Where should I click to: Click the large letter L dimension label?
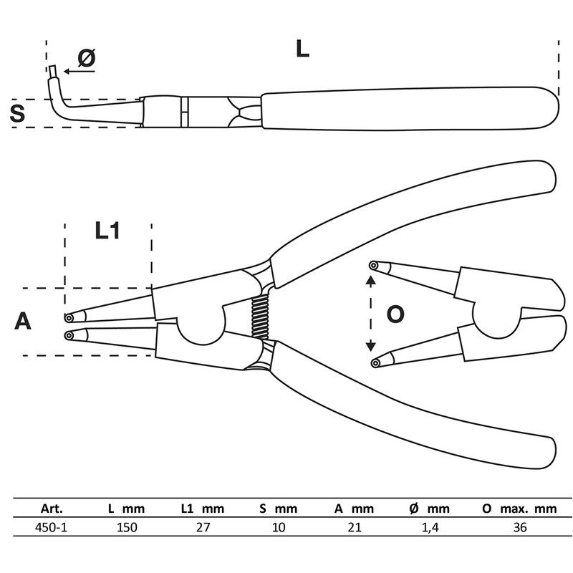[x=302, y=49]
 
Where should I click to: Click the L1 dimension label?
[x=107, y=231]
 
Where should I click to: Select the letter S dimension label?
[x=17, y=113]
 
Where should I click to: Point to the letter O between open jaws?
[x=395, y=314]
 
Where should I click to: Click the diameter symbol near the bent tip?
[x=86, y=59]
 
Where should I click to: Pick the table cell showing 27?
[x=203, y=527]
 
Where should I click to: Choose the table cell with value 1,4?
[x=430, y=527]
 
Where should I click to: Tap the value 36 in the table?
[x=520, y=527]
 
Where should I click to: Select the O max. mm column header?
[x=520, y=509]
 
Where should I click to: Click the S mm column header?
[x=279, y=509]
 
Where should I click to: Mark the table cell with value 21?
[x=355, y=527]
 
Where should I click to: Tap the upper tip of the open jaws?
[x=373, y=266]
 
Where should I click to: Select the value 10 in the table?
[x=279, y=527]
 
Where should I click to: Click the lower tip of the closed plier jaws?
[x=69, y=334]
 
